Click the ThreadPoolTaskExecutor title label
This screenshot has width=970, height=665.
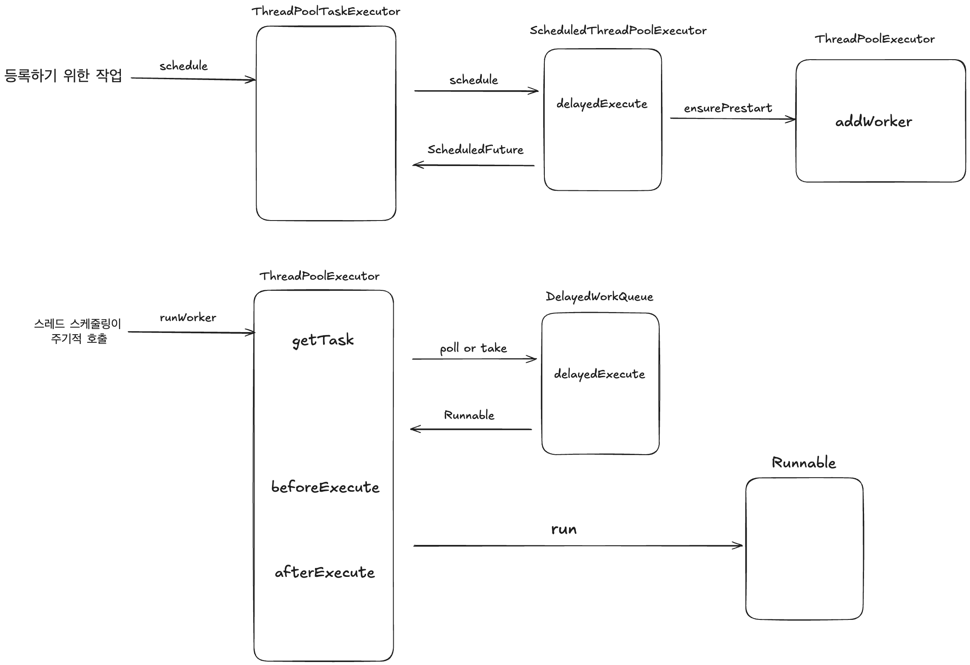point(326,11)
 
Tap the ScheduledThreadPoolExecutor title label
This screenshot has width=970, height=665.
point(618,31)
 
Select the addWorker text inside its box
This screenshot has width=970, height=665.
point(873,122)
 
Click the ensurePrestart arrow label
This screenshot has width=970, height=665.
point(728,108)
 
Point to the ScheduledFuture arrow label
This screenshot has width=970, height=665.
point(475,149)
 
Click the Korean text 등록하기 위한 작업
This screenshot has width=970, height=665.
point(63,76)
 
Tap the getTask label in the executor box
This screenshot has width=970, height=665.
point(323,340)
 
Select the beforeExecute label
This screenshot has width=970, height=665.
point(325,487)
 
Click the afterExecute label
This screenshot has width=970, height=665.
point(325,572)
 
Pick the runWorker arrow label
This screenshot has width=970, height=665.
point(188,318)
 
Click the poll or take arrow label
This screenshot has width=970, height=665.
point(473,348)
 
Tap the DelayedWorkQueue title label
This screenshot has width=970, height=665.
point(599,297)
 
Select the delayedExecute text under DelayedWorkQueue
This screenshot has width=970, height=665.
point(599,374)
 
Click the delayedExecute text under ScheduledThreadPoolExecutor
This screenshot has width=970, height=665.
point(602,104)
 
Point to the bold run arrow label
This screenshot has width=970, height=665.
point(564,529)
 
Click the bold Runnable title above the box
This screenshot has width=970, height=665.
point(804,463)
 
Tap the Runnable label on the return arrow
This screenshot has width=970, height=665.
point(469,415)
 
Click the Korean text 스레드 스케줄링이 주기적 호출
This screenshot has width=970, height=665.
point(78,331)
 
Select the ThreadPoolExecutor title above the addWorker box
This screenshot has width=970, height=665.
point(874,39)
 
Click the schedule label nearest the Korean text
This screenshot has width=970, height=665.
point(183,66)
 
